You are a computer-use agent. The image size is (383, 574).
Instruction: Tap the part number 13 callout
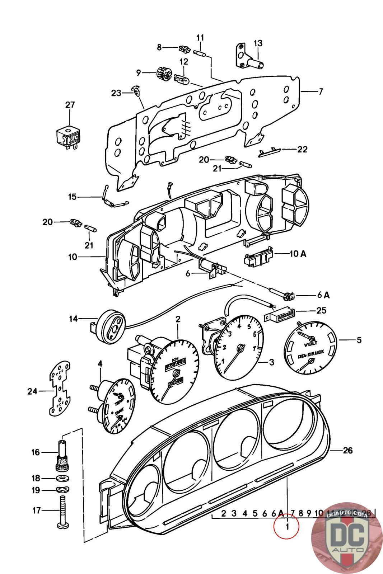(258, 43)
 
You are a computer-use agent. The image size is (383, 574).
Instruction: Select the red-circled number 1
(287, 527)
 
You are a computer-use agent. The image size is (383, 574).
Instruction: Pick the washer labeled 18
(63, 478)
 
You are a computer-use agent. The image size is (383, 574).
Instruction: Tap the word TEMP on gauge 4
(118, 404)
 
